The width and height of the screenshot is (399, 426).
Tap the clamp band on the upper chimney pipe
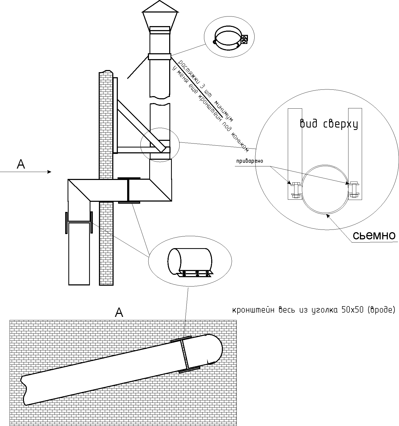point(160,56)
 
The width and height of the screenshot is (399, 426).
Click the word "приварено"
point(250,161)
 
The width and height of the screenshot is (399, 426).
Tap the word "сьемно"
point(374,235)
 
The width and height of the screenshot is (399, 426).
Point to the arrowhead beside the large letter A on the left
point(49,172)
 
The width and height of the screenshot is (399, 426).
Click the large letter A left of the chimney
point(21,164)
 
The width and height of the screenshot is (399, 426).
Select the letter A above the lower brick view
point(119,312)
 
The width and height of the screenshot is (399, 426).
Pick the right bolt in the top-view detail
point(354,189)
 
